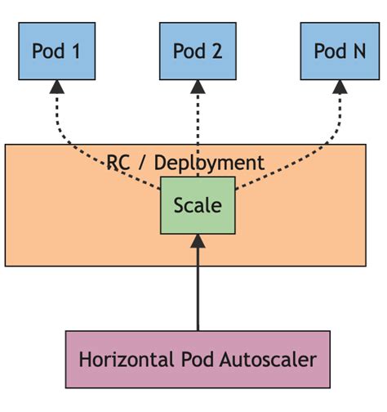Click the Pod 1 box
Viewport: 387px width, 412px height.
tap(56, 51)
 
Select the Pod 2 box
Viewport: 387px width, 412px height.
tap(198, 51)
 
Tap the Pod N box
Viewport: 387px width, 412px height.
tap(339, 51)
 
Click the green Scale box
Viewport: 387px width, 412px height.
tap(198, 204)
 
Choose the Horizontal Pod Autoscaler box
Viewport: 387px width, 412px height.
tap(198, 359)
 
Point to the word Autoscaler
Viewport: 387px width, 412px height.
tap(269, 359)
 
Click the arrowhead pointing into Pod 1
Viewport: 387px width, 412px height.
tap(56, 87)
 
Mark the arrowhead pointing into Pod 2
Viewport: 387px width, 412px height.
tap(198, 87)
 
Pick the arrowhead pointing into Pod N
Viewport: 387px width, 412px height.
tap(339, 87)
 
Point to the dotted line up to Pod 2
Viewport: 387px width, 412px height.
tap(198, 123)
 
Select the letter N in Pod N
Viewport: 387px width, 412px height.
tap(357, 51)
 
